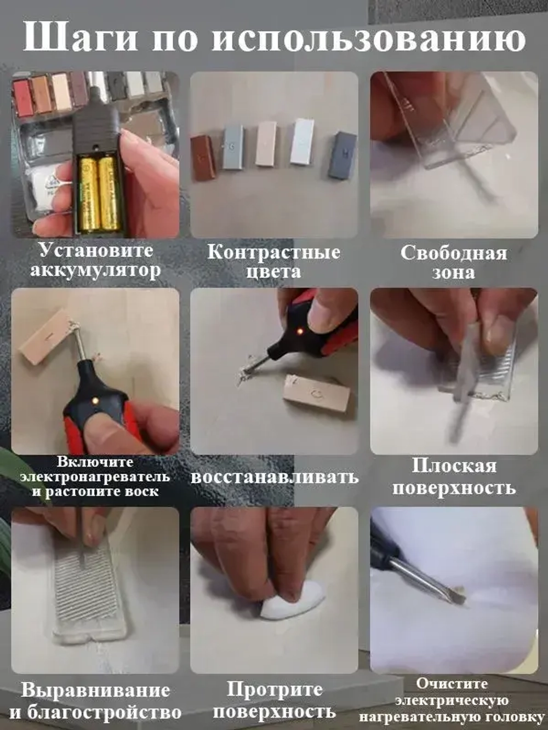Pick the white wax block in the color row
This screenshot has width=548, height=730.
pos(302,141)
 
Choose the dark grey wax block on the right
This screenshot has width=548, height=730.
pos(342,155)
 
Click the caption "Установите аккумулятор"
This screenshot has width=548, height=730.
pos(95,260)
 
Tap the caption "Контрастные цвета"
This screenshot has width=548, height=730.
pos(273,262)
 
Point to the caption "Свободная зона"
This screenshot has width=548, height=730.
pos(453,262)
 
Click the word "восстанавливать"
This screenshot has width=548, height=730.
pos(274,476)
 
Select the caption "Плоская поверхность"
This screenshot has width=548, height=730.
pos(454,476)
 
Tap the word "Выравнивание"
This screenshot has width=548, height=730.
pos(95,690)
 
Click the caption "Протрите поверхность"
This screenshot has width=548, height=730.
pos(274,700)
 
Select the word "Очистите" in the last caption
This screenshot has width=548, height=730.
pos(452,683)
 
